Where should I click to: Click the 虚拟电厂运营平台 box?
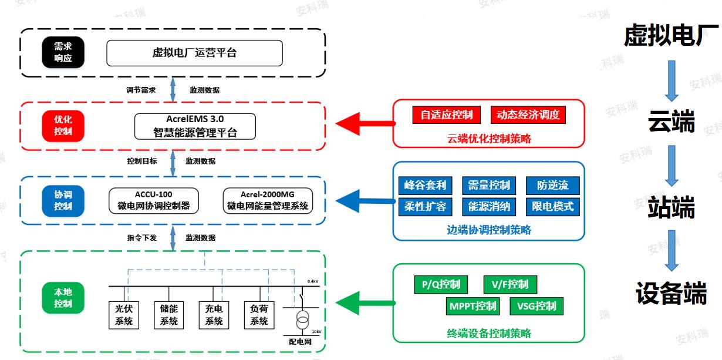194,53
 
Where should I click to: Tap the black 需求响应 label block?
63,53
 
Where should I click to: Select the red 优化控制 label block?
63,125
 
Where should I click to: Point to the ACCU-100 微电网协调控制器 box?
154,200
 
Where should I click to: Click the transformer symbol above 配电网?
303,321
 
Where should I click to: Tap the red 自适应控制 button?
447,115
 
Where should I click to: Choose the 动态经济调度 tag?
528,115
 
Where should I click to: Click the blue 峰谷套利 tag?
425,186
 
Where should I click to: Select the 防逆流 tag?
552,186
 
